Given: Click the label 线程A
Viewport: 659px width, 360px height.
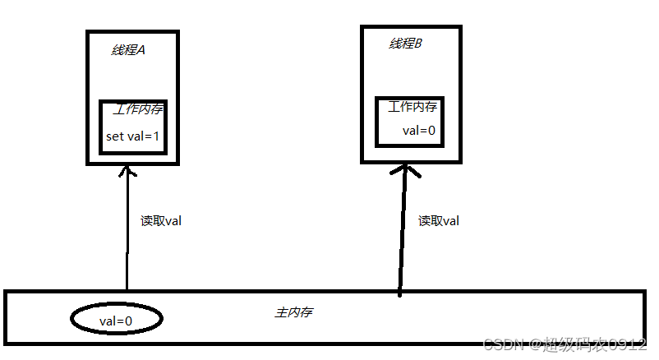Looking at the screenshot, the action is (128, 50).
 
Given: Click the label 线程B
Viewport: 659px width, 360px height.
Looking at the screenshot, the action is (405, 44).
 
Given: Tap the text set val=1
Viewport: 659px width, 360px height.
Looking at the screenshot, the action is (134, 136).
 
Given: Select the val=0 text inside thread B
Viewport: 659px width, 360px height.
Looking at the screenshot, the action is (418, 131).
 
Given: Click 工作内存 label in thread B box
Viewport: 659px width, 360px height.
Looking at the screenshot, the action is (412, 107).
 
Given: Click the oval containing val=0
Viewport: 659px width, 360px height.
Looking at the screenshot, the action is (116, 320).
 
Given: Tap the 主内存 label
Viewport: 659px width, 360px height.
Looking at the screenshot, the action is (293, 313).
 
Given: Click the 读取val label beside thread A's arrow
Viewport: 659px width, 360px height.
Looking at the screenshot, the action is (161, 220).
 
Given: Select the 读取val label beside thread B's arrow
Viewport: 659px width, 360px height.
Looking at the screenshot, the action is (439, 220).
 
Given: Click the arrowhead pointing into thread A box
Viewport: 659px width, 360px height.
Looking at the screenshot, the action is (127, 171).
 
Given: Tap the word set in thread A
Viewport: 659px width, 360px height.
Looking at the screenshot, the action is (113, 136).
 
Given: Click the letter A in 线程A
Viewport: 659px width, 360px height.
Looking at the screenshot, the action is (141, 50).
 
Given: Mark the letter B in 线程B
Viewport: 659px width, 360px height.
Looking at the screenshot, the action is (417, 44).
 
